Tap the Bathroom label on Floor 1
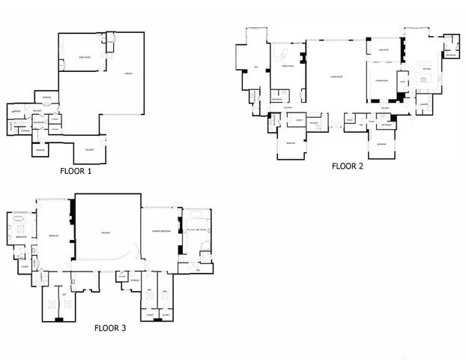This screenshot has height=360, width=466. coord(39,123)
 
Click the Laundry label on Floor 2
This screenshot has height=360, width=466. coord(423,104)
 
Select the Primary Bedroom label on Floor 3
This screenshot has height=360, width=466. coord(161,229)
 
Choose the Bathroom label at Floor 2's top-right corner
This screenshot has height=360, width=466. coord(451,55)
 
